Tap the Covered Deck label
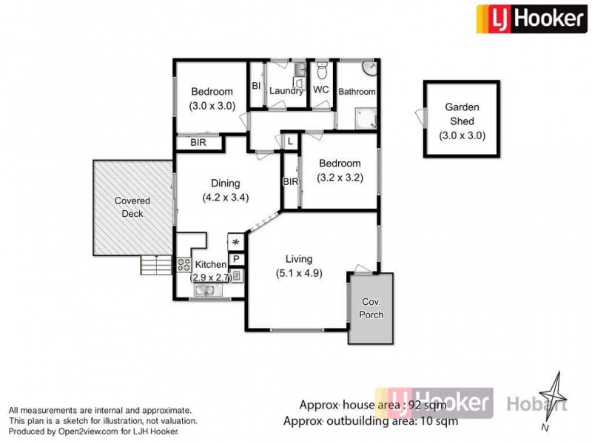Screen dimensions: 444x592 [x=132, y=207]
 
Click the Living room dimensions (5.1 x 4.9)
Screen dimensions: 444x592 [x=299, y=273]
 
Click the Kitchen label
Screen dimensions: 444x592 [x=209, y=264]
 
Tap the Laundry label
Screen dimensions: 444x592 [x=286, y=91]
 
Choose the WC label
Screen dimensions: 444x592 [x=321, y=90]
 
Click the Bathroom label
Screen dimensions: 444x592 [x=357, y=92]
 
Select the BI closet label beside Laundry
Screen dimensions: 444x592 [x=256, y=86]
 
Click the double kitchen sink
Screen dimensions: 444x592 [x=207, y=292]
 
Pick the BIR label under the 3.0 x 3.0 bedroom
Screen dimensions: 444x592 [x=198, y=143]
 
